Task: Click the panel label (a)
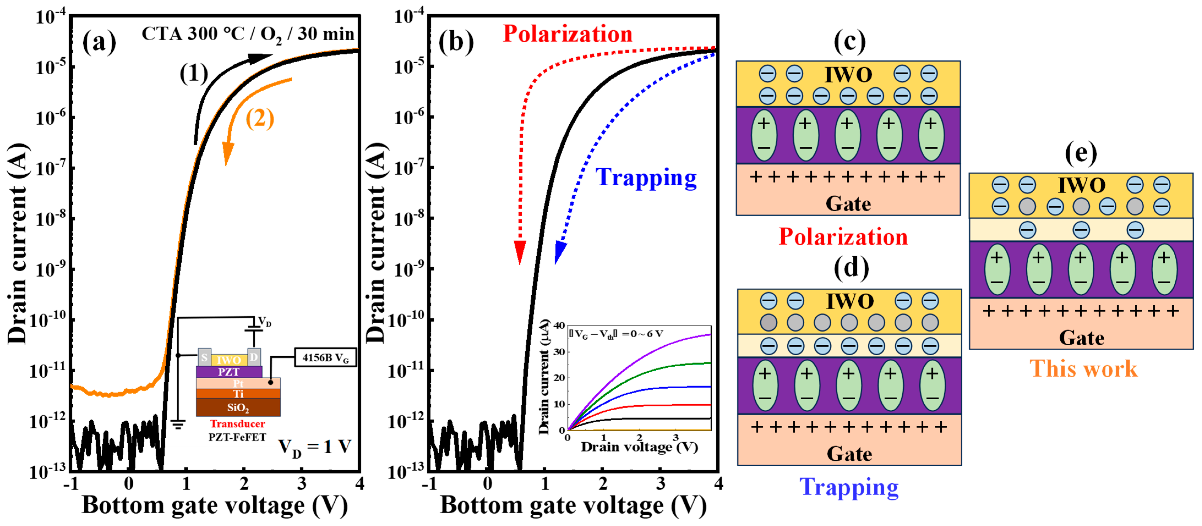pos(99,43)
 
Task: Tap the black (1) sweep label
pos(194,74)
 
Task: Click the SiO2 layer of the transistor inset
pos(238,407)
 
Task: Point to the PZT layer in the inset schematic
pos(229,372)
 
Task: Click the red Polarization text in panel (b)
pos(567,34)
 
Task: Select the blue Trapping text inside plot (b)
pos(646,178)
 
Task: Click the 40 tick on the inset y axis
pos(559,326)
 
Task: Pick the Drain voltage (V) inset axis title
pos(639,447)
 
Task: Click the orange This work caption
pos(1083,369)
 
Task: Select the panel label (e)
pos(1081,153)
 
